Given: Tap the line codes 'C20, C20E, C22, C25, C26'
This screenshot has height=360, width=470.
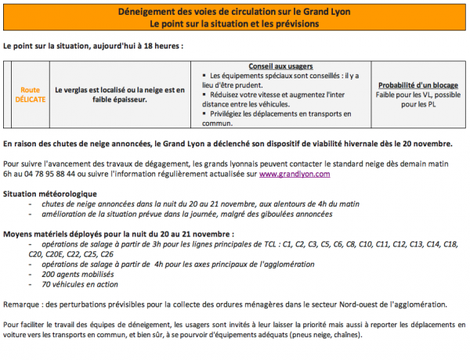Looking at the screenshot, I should pyautogui.click(x=71, y=254).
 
